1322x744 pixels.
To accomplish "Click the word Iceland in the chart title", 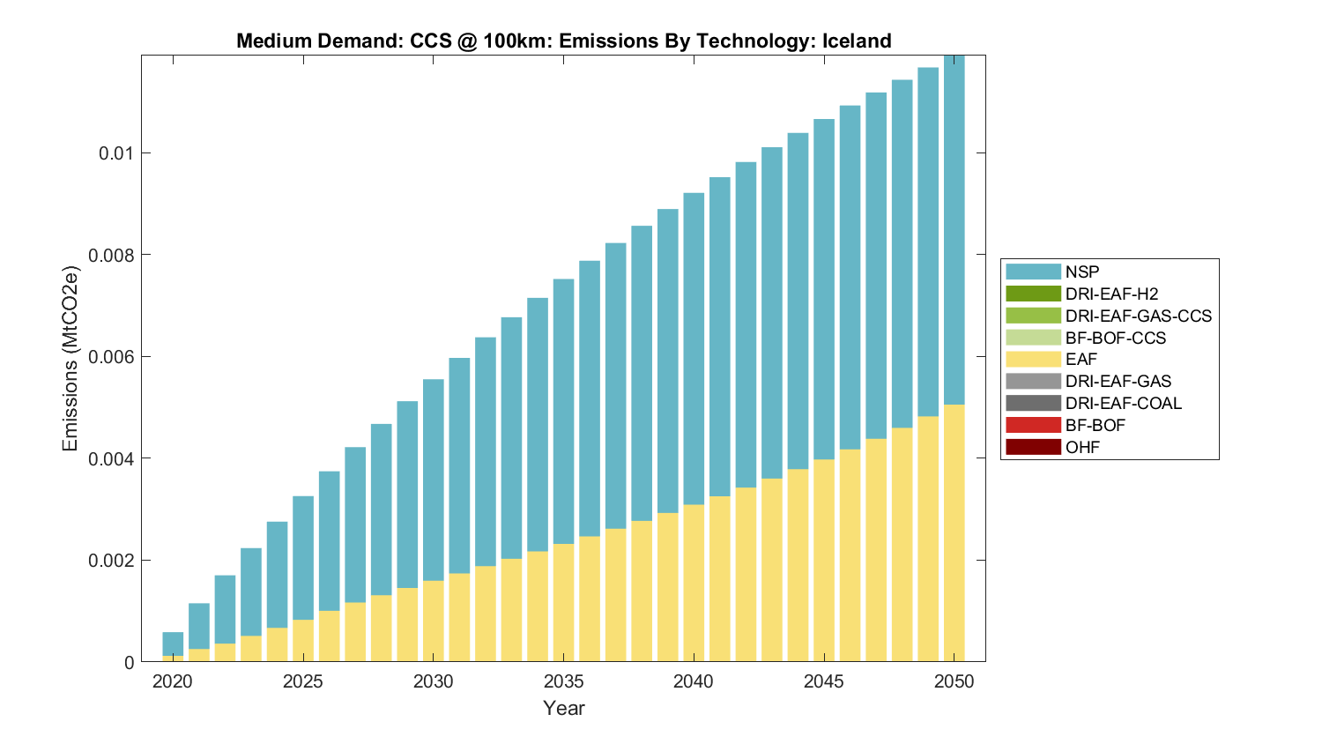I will [x=856, y=41].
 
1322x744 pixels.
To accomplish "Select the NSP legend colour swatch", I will [x=1033, y=272].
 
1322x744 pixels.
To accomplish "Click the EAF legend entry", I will [x=1081, y=360].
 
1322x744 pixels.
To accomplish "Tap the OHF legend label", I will [x=1082, y=447].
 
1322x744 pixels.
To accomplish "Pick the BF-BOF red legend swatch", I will [x=1033, y=425].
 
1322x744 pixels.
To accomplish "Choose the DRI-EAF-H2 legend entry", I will [x=1111, y=294].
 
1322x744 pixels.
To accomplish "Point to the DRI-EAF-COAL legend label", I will [x=1123, y=404].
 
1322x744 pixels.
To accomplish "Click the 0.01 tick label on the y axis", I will [x=115, y=153].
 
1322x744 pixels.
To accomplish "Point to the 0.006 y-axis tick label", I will [x=111, y=357].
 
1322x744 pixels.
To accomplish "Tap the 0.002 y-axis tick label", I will [x=111, y=561].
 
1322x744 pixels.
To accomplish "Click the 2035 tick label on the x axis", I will [x=563, y=681].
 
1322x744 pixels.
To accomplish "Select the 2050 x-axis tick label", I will [x=954, y=681].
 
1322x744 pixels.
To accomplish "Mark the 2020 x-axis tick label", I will [x=173, y=681].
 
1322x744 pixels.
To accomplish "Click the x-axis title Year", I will [x=563, y=708].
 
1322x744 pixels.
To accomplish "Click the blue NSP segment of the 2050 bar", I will [x=954, y=229].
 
